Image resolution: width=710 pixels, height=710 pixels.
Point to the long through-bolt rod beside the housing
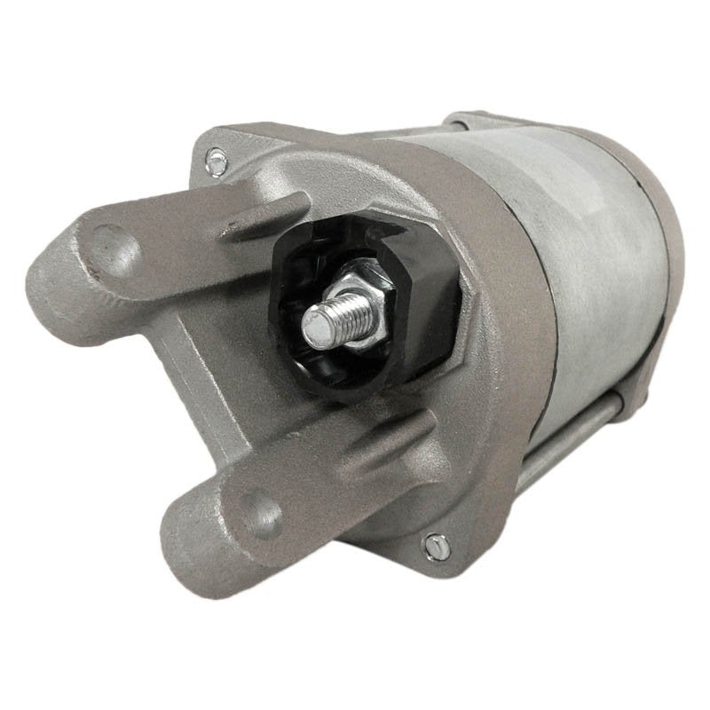point(577,444)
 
